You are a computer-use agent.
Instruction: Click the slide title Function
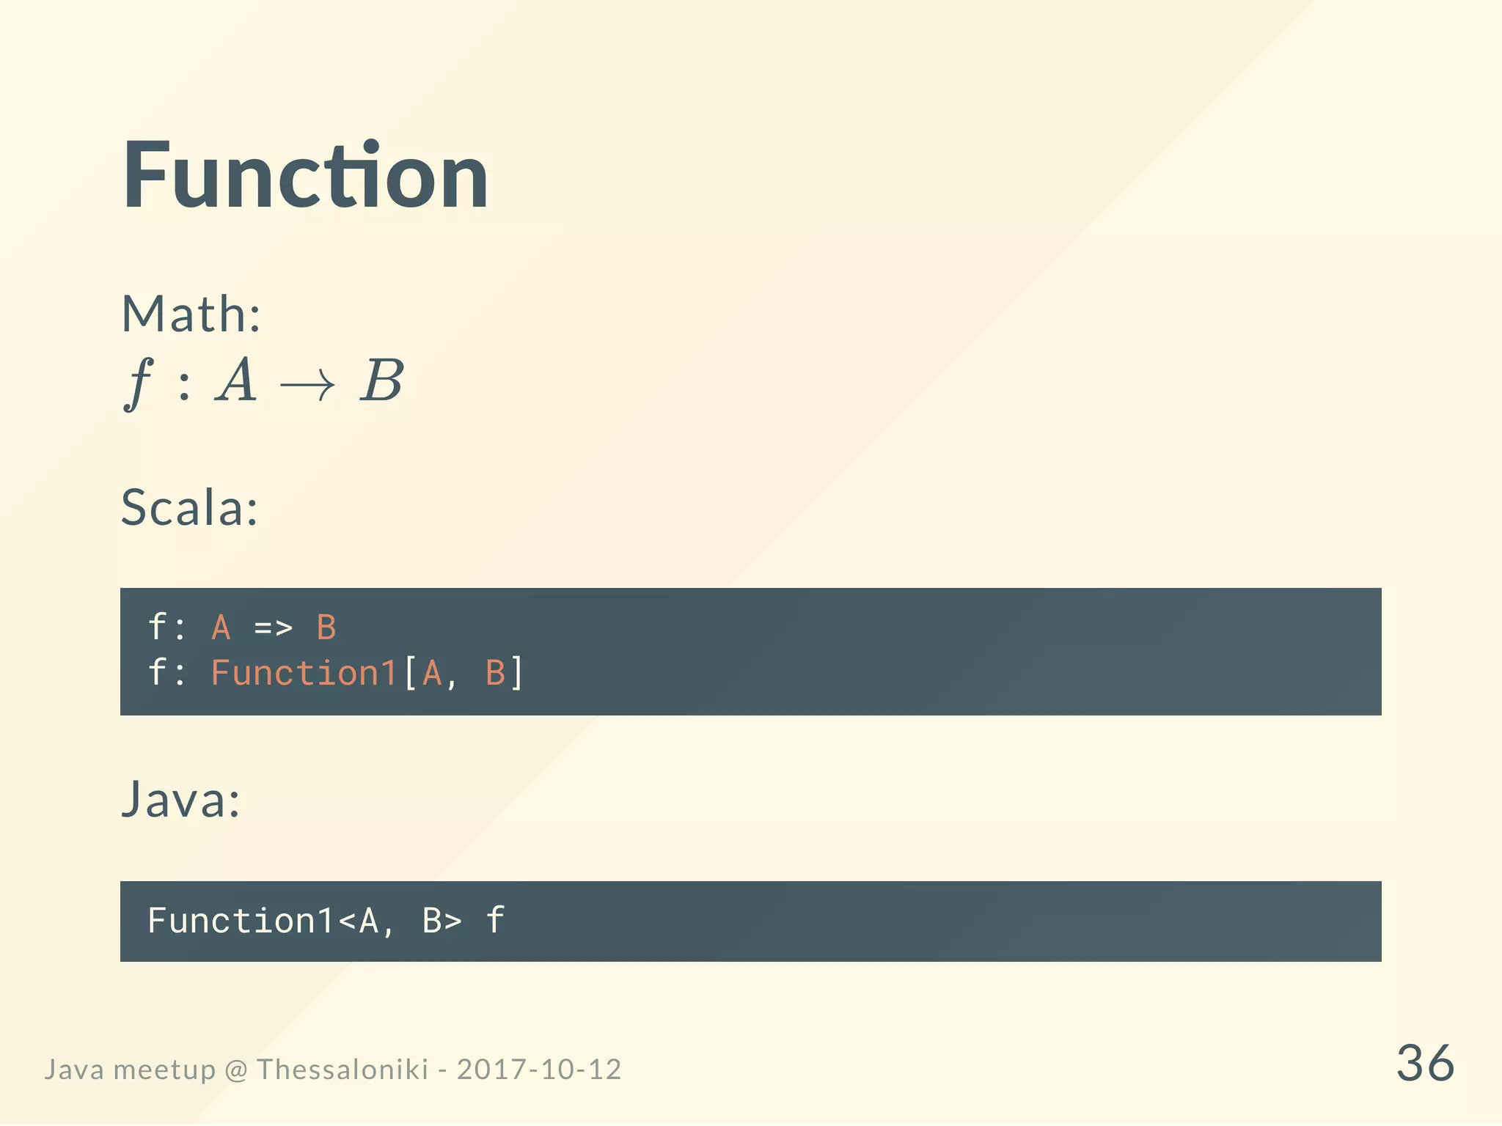click(x=305, y=176)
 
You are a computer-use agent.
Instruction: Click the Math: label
click(x=191, y=314)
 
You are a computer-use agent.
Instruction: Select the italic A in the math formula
click(x=236, y=381)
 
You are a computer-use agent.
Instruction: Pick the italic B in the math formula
click(x=381, y=381)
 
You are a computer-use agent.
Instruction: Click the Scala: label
click(x=189, y=507)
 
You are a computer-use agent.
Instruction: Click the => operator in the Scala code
click(x=273, y=628)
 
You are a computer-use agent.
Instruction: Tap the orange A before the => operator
click(x=221, y=628)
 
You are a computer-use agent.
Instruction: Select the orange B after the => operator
click(x=326, y=628)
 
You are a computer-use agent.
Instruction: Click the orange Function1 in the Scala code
click(x=304, y=673)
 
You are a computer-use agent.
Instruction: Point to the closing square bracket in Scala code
click(x=517, y=673)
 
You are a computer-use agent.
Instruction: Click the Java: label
click(x=180, y=800)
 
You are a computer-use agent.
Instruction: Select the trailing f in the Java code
click(x=496, y=921)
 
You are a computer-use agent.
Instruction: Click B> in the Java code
click(x=442, y=921)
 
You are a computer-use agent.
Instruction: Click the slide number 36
click(x=1424, y=1063)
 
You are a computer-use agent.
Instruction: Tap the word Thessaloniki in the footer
click(x=342, y=1070)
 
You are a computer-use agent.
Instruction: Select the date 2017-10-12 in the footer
click(x=539, y=1070)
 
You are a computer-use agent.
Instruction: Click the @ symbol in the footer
click(x=236, y=1070)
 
